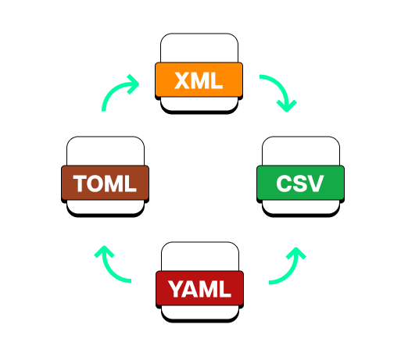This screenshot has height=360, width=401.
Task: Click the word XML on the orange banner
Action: click(x=199, y=80)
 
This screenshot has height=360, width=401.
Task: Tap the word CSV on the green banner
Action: click(x=300, y=184)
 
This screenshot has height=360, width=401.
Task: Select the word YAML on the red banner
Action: click(x=199, y=290)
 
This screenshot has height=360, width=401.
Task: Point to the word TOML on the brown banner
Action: click(x=105, y=184)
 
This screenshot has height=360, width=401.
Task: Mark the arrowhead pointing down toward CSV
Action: click(x=288, y=105)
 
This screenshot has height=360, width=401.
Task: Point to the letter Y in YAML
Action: click(x=175, y=290)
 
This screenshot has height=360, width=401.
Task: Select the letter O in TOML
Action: click(x=97, y=184)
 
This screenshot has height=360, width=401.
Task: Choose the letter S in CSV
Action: click(x=300, y=184)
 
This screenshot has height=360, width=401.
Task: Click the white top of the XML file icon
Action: click(x=199, y=48)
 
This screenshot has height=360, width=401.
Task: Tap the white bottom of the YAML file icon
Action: click(x=199, y=311)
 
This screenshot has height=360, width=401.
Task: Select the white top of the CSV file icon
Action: click(x=300, y=151)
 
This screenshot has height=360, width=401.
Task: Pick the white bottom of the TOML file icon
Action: click(x=105, y=205)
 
